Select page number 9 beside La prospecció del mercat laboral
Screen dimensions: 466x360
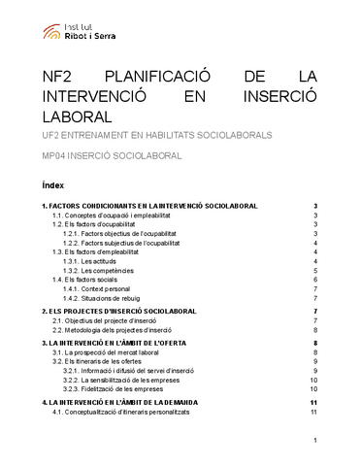coord(316,352)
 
